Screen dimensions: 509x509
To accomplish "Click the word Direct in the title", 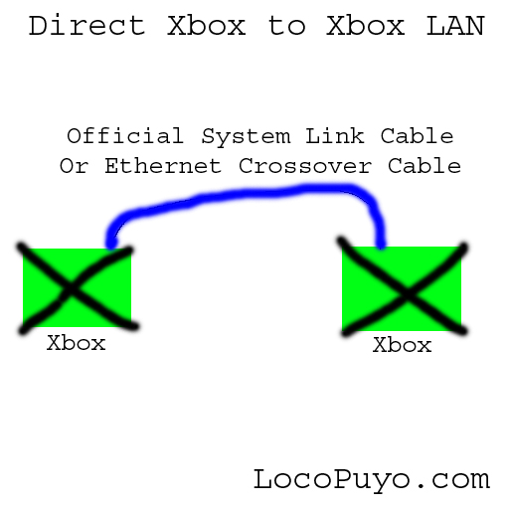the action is click(87, 25).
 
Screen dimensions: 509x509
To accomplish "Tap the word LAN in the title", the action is click(455, 26).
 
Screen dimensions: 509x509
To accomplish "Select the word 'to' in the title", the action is click(286, 26).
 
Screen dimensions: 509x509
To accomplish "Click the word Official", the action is click(125, 135).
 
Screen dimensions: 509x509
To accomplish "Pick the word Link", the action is click(335, 135).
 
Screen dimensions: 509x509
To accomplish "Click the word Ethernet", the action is click(163, 165).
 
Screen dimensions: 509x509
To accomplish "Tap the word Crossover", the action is click(305, 166).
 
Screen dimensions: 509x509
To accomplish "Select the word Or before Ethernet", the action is click(74, 165).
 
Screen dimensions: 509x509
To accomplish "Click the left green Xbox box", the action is click(77, 287).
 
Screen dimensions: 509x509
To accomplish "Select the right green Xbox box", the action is click(402, 288).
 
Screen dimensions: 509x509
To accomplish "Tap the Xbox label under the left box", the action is click(77, 343).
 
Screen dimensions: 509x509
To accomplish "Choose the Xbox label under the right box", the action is click(403, 345).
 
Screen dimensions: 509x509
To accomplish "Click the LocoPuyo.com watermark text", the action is click(372, 480).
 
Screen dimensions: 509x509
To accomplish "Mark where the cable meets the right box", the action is click(381, 247).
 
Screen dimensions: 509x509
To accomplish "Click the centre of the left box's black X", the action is click(71, 289).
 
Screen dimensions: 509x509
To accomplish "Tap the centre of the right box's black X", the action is click(407, 294).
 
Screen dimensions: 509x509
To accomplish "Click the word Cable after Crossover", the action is click(424, 165).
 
